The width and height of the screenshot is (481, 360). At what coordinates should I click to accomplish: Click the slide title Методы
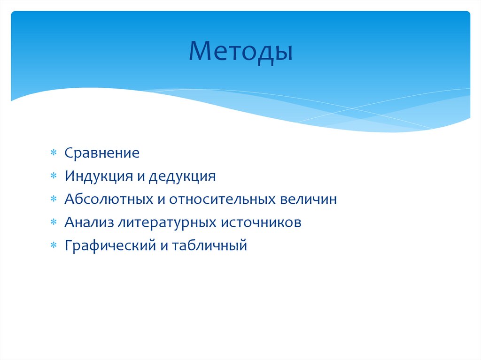click(240, 52)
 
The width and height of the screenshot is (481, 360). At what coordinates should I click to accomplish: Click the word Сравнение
click(102, 153)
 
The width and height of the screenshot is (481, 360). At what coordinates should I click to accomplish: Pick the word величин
click(308, 199)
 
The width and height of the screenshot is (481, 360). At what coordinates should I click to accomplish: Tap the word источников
click(262, 222)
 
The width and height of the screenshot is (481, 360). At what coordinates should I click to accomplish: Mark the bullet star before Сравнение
click(54, 153)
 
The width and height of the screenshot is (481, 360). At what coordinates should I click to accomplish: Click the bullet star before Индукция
click(54, 176)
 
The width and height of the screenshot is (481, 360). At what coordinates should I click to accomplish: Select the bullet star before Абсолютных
click(54, 199)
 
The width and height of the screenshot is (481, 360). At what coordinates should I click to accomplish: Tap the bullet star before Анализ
click(54, 222)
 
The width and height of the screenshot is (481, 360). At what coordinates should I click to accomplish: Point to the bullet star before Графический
click(54, 245)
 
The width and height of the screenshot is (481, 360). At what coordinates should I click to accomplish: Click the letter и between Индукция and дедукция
click(141, 177)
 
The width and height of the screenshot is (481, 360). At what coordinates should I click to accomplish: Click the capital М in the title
click(200, 52)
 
